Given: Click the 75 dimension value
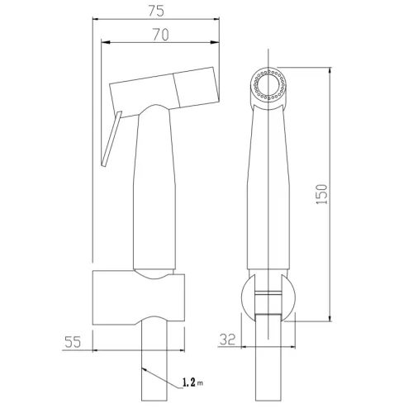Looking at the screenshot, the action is point(156,11).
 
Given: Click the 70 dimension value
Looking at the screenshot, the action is point(161,35).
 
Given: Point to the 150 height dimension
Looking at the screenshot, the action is point(321,194).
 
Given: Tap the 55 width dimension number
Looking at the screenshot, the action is point(73,342).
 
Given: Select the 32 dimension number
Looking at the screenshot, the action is point(227,339).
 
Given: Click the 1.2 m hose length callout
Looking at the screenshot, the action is point(192,382).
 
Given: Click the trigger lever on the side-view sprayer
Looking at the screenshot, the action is point(112,139).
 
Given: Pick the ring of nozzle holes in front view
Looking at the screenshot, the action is point(269,85).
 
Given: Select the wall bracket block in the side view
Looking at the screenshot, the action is point(139,297).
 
